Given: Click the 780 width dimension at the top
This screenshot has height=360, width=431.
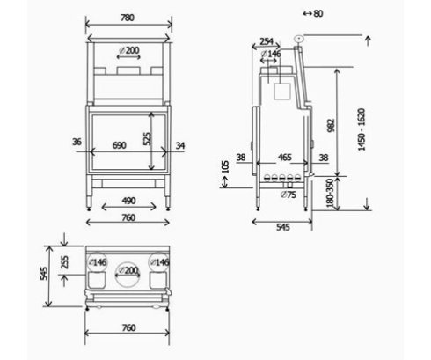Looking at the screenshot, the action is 128,18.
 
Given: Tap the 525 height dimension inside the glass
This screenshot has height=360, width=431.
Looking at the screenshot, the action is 148,139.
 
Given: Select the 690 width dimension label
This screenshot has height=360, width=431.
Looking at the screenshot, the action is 120,145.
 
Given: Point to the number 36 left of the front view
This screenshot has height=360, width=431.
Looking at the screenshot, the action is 77,142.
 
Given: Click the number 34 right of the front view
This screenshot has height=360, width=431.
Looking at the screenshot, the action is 180,145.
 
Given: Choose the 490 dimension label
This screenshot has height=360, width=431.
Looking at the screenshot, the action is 128,201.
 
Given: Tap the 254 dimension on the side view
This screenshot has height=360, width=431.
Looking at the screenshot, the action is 267,41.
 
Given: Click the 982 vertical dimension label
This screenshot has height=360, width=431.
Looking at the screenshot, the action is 331,126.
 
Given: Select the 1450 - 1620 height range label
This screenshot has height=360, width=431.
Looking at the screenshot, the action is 362,129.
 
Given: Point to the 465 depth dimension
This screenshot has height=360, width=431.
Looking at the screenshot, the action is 285,158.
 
